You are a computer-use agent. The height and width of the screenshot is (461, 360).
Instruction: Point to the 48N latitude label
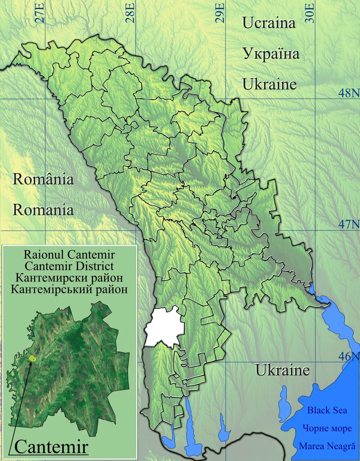coord(349,93)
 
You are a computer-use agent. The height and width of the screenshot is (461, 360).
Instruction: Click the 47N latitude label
coord(349,225)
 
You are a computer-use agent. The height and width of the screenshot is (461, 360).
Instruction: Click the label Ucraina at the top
coord(269,23)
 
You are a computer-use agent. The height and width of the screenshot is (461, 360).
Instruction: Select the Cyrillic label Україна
coord(271,53)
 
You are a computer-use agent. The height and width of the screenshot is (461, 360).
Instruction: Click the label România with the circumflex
coord(43,179)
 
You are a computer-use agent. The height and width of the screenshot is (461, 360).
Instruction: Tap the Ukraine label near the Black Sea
coord(282,370)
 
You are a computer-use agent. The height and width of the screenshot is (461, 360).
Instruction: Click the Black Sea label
coord(327,410)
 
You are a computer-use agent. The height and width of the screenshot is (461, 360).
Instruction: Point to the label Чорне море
coord(327,428)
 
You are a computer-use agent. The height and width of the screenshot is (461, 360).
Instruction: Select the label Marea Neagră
coord(327,446)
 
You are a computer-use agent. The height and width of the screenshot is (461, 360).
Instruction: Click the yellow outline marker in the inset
coord(32,358)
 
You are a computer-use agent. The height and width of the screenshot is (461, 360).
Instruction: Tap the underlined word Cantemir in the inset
coord(51,447)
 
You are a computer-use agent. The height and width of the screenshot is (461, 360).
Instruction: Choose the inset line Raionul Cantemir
coord(69,255)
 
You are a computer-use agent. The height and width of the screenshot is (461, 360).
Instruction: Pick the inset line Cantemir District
coord(69,266)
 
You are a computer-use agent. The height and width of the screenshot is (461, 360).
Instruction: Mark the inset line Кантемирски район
coord(69,277)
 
